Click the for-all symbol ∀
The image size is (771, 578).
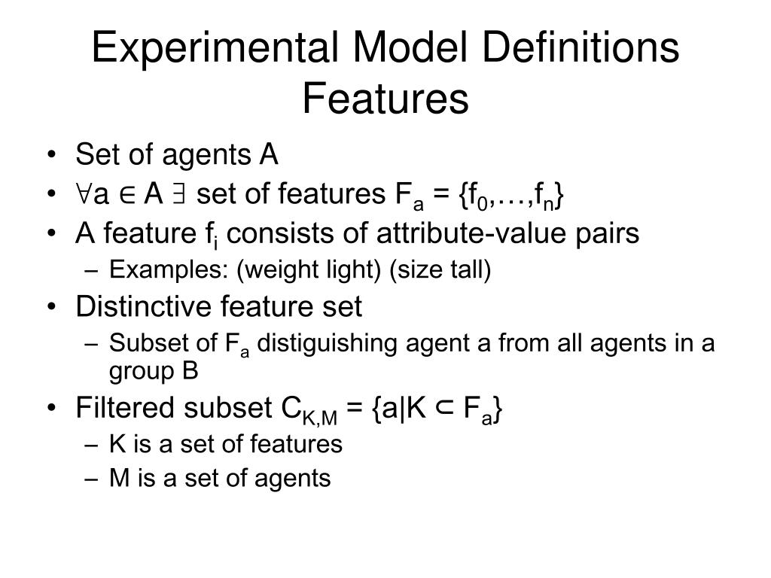coord(82,195)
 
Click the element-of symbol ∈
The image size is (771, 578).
coord(127,196)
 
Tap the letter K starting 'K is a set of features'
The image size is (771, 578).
coord(117,444)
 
